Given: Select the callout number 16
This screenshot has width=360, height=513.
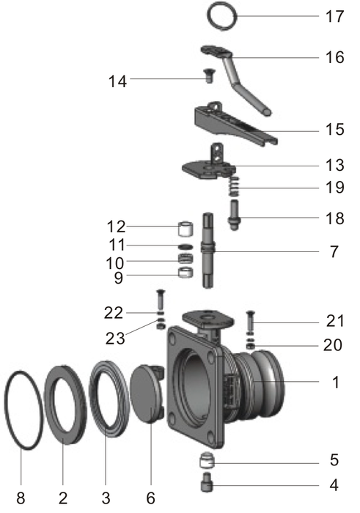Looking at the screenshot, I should (x=334, y=56).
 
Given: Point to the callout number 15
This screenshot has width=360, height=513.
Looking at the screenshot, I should (x=334, y=129).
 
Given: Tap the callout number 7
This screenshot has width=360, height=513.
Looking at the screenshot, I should (x=334, y=251).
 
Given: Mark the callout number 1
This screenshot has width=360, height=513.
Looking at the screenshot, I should (x=334, y=381).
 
